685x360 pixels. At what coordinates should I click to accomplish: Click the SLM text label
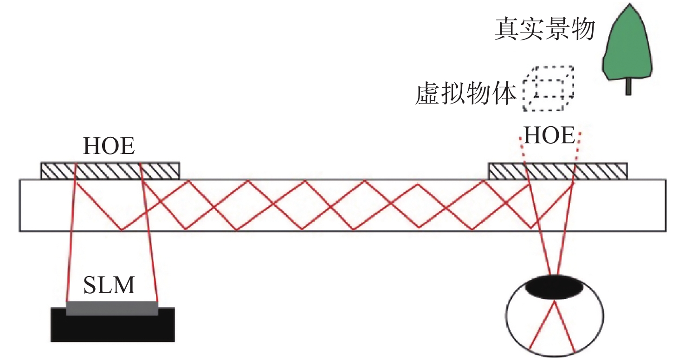pyautogui.click(x=109, y=285)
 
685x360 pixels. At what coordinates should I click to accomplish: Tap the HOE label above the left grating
pyautogui.click(x=109, y=147)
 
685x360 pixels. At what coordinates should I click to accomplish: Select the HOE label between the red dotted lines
pyautogui.click(x=549, y=136)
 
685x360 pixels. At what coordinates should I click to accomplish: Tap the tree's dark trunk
pyautogui.click(x=628, y=87)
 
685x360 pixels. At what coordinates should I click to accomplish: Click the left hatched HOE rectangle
pyautogui.click(x=110, y=171)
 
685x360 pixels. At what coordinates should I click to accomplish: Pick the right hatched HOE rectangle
pyautogui.click(x=558, y=171)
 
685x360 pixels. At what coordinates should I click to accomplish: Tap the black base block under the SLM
pyautogui.click(x=112, y=327)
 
